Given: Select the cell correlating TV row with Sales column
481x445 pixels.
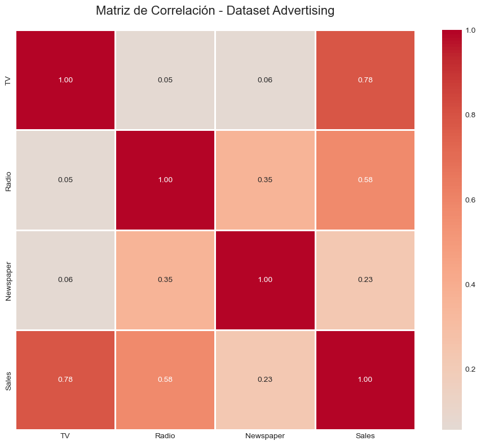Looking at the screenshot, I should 365,80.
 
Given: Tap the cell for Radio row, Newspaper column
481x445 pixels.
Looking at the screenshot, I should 265,180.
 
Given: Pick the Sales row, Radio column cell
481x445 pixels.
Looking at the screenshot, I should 165,380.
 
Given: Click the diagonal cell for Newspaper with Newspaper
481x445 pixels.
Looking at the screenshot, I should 265,280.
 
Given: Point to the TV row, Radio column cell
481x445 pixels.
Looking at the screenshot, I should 165,80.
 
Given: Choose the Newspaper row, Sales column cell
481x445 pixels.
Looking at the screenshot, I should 365,280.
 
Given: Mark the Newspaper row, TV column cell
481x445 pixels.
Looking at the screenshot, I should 65,280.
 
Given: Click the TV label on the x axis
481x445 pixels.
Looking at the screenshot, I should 65,436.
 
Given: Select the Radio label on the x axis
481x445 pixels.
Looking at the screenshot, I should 165,436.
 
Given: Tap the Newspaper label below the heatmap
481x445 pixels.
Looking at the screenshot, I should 265,436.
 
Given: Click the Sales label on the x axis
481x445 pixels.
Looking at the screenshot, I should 365,436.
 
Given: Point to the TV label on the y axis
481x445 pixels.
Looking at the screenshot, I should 8,80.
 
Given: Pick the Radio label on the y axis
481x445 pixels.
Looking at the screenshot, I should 8,180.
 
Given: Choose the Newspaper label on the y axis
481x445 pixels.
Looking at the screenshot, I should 8,280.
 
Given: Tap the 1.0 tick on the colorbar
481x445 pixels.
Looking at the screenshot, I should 469,30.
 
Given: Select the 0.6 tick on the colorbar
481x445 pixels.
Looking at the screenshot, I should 469,200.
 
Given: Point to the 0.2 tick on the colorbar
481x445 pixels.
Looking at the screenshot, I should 469,369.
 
